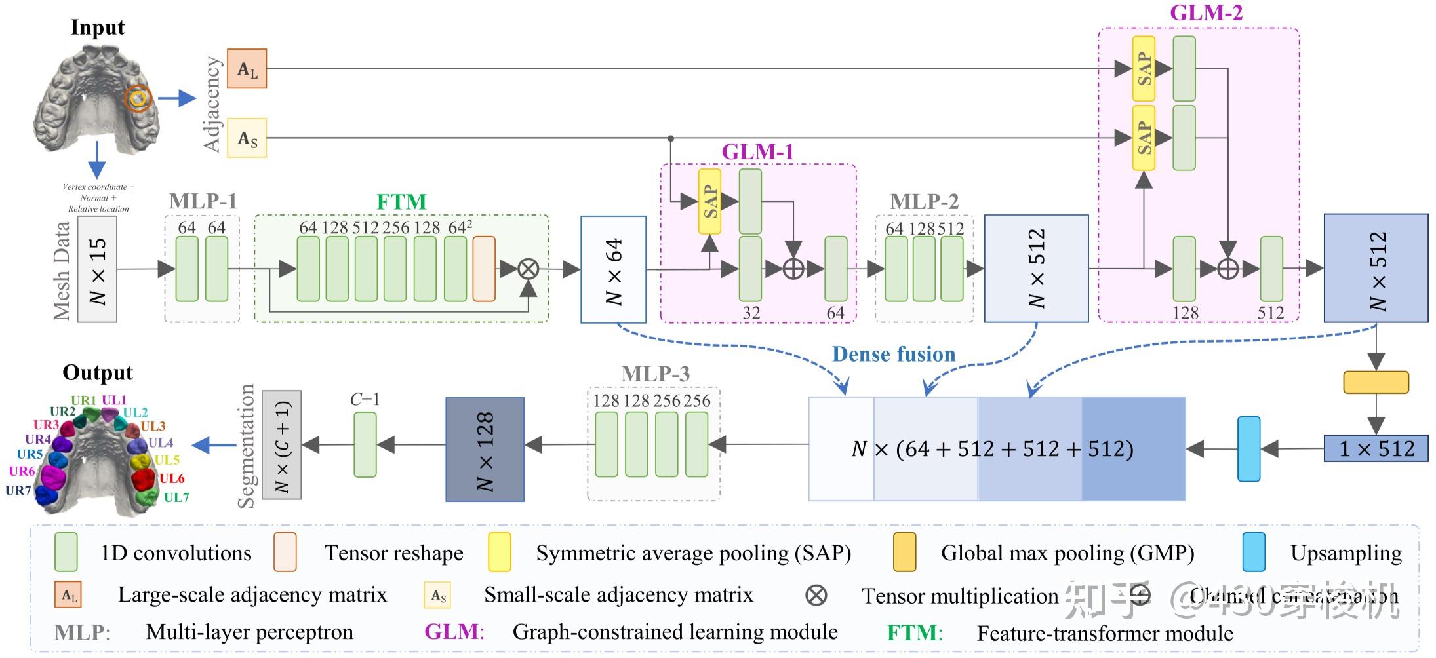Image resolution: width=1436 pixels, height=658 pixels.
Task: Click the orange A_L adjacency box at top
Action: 247,69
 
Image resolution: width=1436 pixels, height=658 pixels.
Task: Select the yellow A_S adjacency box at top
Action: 247,138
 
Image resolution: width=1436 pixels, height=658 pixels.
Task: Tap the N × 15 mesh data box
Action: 97,269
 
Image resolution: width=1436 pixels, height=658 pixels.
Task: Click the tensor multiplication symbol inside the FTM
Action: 528,269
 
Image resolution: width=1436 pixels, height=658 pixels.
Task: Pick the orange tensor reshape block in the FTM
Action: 484,269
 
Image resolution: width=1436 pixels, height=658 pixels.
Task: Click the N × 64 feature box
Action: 613,269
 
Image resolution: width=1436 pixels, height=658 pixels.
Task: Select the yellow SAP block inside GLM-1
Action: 709,201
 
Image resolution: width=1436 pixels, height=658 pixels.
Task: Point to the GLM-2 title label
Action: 1206,13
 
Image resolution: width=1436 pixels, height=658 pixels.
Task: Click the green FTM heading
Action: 401,202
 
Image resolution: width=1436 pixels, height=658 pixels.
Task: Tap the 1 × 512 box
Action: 1376,449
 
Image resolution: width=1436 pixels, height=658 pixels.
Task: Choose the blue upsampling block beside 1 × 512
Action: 1248,449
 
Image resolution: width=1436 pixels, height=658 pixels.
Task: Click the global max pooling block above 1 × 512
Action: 1376,382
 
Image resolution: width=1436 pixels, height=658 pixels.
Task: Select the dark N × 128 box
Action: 485,450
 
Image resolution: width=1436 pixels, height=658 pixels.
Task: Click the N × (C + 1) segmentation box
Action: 281,445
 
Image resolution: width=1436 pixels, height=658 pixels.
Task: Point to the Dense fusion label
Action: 894,355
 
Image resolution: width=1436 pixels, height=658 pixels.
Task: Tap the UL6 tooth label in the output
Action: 172,478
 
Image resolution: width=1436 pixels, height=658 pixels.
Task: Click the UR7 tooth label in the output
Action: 18,490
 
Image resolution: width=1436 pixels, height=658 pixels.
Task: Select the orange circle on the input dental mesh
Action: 138,99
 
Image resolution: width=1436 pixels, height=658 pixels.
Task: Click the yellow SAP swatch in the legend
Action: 500,552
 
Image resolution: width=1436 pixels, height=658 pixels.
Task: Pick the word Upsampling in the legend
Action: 1346,553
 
